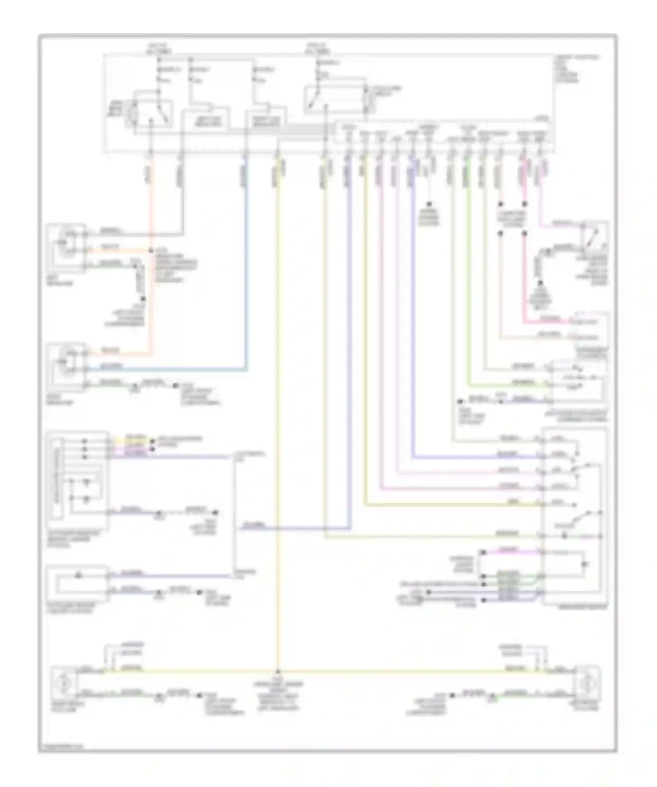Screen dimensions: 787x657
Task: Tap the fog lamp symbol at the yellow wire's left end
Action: [x=64, y=683]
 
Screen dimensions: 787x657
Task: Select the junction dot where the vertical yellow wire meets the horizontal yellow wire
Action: [x=277, y=671]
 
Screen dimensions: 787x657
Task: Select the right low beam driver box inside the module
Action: [x=266, y=119]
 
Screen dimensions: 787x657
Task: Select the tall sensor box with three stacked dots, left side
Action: [x=77, y=480]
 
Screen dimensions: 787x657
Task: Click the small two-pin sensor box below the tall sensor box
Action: [x=77, y=583]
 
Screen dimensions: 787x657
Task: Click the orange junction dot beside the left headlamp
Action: [x=151, y=251]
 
